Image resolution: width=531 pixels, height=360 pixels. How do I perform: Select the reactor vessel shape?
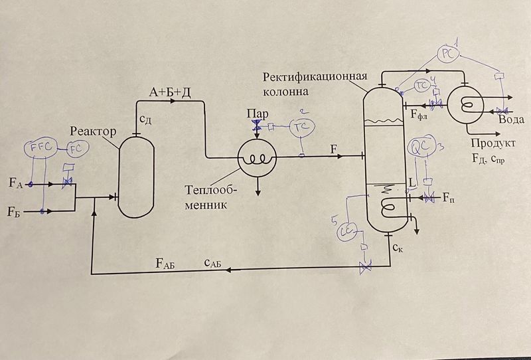pos(137,172)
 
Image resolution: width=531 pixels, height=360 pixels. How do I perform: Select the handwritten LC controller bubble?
pos(347,231)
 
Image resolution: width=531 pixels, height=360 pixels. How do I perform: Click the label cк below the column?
pos(396,248)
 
